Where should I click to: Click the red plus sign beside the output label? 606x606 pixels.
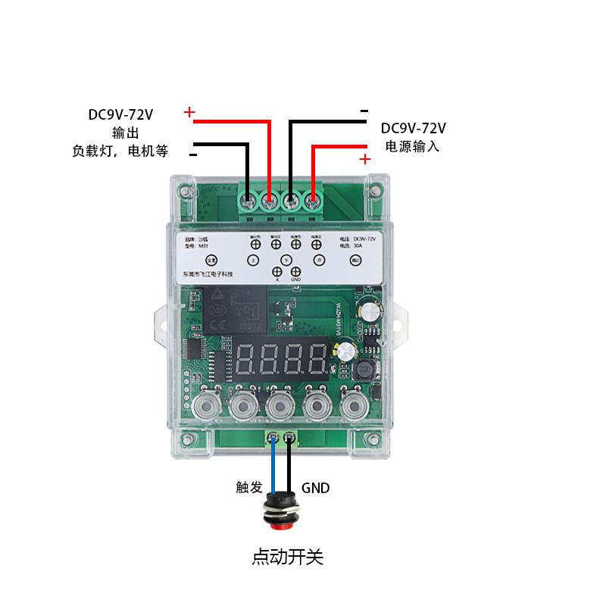coord(189,114)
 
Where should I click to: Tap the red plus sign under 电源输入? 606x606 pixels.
coord(365,159)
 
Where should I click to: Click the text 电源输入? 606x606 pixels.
coord(413,146)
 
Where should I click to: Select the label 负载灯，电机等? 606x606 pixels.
coord(120,150)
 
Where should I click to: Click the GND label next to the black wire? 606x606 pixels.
coord(316,488)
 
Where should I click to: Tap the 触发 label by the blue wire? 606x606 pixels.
coord(248,488)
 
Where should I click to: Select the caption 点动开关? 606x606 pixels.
coord(287,558)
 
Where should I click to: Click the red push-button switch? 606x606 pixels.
coord(280,515)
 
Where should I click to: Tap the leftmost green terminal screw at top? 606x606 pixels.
coord(248,201)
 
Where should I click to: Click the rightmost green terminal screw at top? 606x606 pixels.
coord(313,201)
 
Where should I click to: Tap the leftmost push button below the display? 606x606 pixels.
coord(205,407)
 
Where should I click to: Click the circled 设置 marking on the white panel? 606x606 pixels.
coord(211,260)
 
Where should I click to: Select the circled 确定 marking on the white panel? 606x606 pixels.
coord(355,260)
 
